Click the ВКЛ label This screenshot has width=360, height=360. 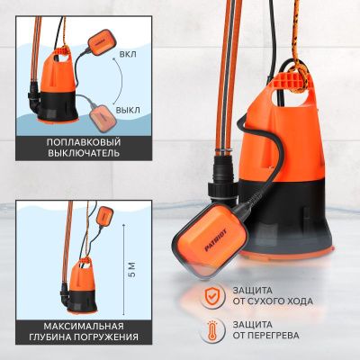[128, 54]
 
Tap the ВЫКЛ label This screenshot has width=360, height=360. [128, 110]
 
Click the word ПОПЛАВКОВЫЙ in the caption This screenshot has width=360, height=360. [84, 142]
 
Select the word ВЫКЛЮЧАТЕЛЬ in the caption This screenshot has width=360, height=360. [84, 153]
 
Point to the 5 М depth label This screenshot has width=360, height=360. [132, 269]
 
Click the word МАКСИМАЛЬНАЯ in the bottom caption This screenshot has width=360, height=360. [84, 326]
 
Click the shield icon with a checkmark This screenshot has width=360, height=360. [212, 295]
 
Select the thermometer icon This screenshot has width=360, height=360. [212, 331]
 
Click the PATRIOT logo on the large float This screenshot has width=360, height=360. [216, 239]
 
